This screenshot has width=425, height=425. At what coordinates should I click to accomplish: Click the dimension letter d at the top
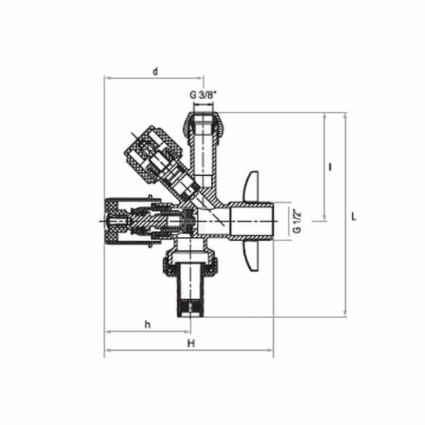point(155,71)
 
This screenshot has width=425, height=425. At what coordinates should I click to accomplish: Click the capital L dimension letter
point(353,216)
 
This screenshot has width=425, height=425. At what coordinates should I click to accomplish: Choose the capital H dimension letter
point(190,342)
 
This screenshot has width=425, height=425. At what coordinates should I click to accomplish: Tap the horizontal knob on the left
point(116,218)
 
